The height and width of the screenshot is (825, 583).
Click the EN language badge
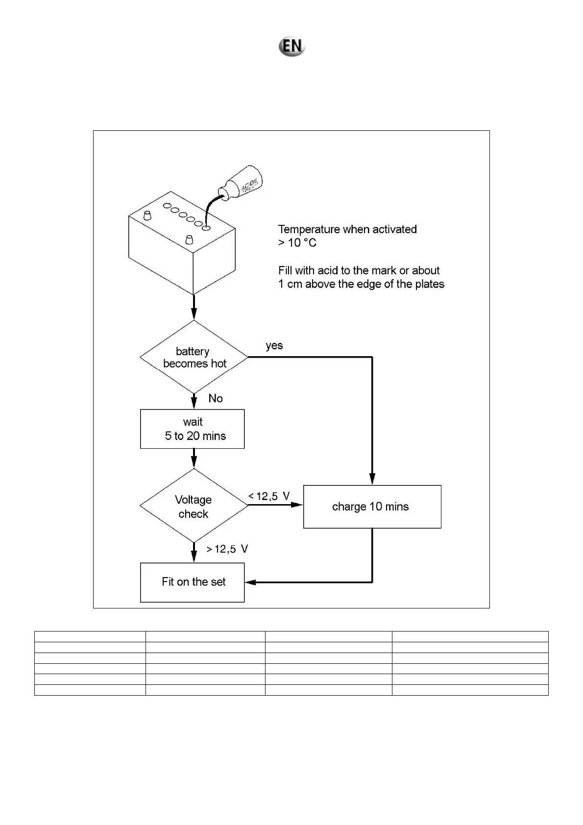pos(292,47)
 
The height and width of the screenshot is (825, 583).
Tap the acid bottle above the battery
pos(243,184)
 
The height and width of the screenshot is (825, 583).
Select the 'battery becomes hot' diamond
pos(194,357)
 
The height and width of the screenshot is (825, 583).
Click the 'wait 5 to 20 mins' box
pos(192,429)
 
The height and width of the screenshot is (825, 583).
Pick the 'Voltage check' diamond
pos(194,506)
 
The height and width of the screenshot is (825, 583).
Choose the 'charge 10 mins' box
pos(372,507)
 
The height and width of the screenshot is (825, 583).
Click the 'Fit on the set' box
pos(192,582)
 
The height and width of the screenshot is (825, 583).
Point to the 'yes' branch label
pos(274,345)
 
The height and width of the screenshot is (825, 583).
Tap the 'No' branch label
pos(216,398)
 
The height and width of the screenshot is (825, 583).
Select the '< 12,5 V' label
pos(269,496)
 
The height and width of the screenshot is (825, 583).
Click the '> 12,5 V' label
pos(227,549)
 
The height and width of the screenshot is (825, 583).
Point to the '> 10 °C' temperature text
pos(297,243)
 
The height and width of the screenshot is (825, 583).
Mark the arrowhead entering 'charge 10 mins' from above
pos(372,479)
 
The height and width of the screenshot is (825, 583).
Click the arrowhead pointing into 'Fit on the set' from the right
pos(251,582)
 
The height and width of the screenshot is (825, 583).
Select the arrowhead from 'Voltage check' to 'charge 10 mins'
pos(297,504)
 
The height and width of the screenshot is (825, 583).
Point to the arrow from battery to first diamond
pos(194,309)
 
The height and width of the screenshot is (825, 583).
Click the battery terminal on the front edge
pos(190,240)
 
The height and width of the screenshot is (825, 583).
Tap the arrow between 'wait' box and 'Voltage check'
pos(194,459)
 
